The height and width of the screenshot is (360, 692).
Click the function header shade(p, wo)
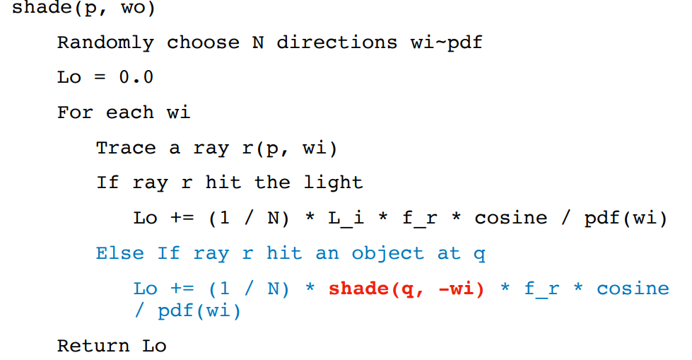83,8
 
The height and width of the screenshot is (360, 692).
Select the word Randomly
105,42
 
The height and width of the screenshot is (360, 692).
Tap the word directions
337,42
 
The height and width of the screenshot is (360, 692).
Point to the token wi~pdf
446,42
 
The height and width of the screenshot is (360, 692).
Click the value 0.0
136,77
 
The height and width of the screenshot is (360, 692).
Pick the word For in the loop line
75,112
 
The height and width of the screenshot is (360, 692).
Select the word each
129,112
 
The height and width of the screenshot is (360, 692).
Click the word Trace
126,148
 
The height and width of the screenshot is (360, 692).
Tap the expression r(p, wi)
289,148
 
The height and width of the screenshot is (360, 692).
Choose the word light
333,182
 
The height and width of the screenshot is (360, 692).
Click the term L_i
346,218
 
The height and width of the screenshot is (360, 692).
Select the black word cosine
510,218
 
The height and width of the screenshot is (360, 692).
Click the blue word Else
120,253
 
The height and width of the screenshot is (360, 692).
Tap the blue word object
388,253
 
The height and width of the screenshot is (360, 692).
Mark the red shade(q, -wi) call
406,289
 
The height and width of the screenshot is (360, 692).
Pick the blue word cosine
633,289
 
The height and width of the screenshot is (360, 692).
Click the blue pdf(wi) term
199,311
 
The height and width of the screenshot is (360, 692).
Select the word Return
93,346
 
